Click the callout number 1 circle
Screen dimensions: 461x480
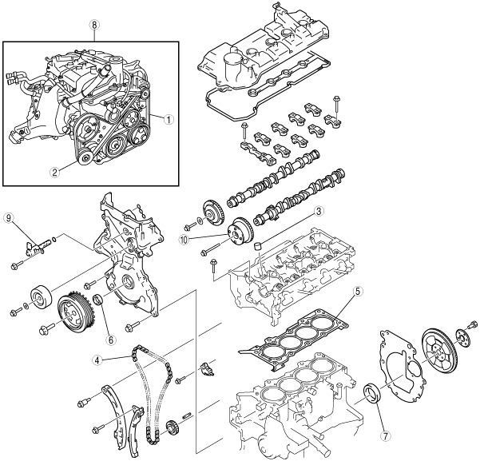[x=169, y=120]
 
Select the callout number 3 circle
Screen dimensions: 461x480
[x=318, y=212]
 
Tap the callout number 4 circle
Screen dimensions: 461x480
[x=96, y=360]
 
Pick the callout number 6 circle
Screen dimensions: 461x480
[x=110, y=338]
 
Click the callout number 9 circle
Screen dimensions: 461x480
[x=9, y=217]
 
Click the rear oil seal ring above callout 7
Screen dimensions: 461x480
[x=373, y=395]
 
